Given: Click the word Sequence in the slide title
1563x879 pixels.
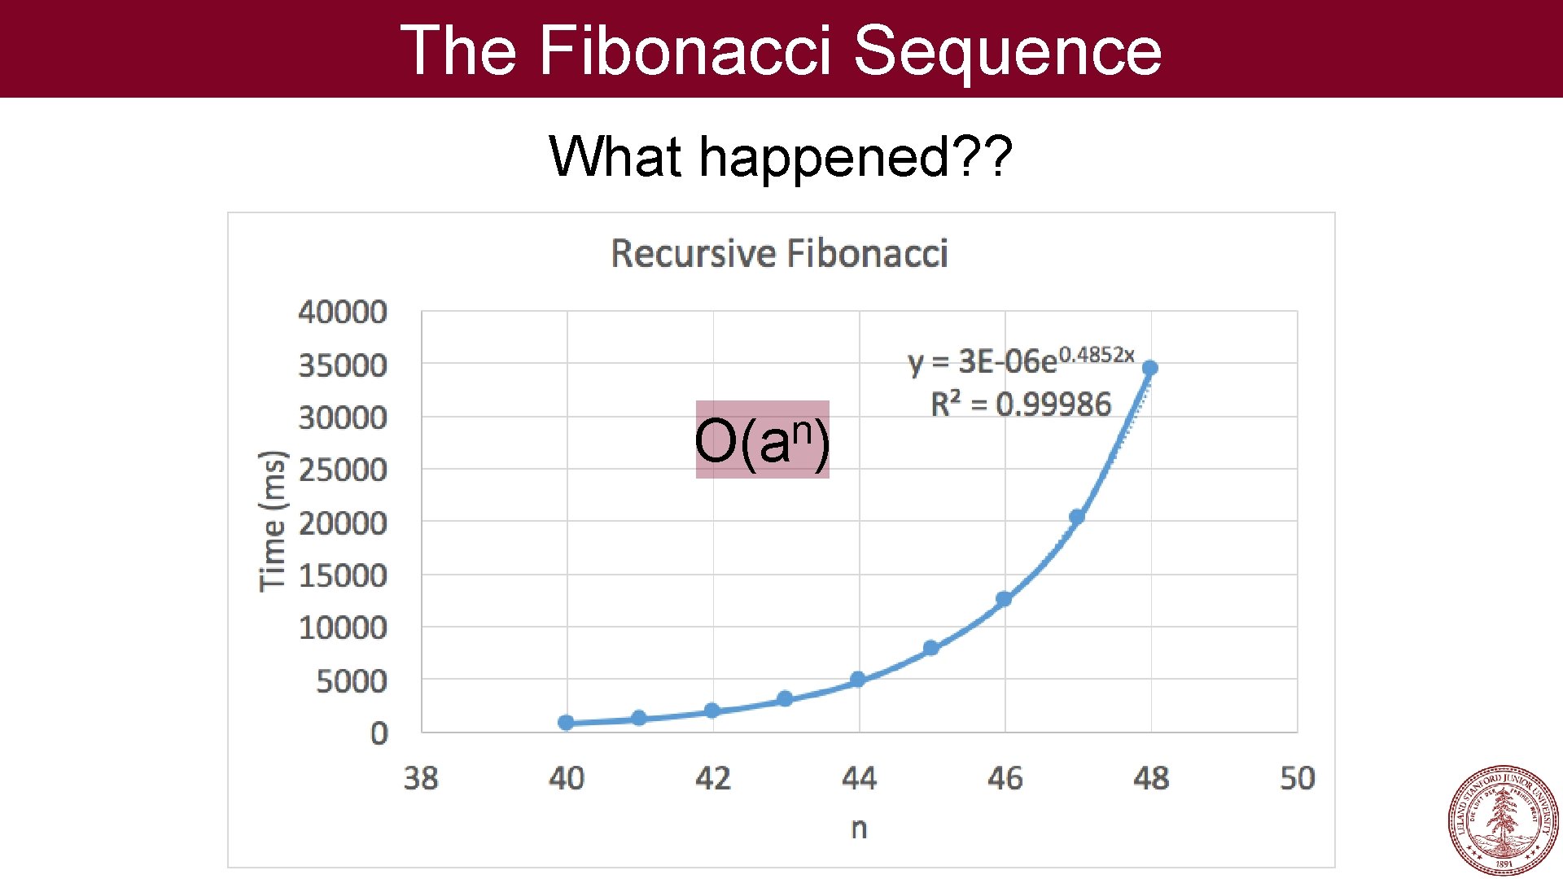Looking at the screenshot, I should pyautogui.click(x=1007, y=50).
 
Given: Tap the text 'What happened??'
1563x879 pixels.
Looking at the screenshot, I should pyautogui.click(x=781, y=156).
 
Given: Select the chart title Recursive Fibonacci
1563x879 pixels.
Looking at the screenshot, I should pyautogui.click(x=779, y=253).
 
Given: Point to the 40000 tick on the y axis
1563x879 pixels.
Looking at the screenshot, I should pyautogui.click(x=343, y=312).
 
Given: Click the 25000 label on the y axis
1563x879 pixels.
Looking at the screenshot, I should pyautogui.click(x=343, y=470).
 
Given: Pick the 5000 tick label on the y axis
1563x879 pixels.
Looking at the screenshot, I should pyautogui.click(x=352, y=680).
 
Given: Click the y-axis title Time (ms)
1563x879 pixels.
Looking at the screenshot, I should pyautogui.click(x=273, y=521).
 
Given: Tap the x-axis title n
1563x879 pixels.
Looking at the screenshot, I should pyautogui.click(x=859, y=828).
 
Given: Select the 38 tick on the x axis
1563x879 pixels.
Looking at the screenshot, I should pyautogui.click(x=421, y=778).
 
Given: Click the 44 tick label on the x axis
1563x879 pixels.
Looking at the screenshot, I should pyautogui.click(x=859, y=778).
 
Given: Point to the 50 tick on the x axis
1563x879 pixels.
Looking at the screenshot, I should pyautogui.click(x=1297, y=778).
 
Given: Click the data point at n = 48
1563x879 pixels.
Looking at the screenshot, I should pyautogui.click(x=1149, y=368).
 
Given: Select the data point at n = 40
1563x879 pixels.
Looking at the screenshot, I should pyautogui.click(x=566, y=722).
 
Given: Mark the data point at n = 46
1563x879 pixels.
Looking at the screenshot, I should pyautogui.click(x=1004, y=599).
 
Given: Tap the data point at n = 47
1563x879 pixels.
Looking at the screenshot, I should pyautogui.click(x=1076, y=517).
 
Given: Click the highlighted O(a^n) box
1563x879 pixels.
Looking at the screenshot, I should pyautogui.click(x=762, y=439).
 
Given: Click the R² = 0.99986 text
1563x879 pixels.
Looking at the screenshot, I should pyautogui.click(x=1021, y=404).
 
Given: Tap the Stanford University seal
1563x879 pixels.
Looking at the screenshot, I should pyautogui.click(x=1503, y=820).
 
